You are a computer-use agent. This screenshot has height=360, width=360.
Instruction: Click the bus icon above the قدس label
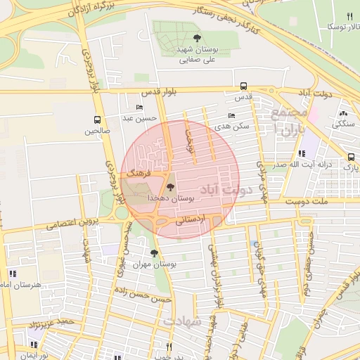243,85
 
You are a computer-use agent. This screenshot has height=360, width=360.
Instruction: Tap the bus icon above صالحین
97,120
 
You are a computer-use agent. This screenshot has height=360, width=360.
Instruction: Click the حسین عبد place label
139,118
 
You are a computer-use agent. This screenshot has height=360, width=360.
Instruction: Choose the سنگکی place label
344,124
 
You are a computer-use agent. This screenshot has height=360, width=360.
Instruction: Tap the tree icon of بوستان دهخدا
169,187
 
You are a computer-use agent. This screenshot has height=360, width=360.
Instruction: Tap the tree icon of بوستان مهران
154,253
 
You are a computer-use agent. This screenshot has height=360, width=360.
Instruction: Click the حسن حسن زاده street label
146,297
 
